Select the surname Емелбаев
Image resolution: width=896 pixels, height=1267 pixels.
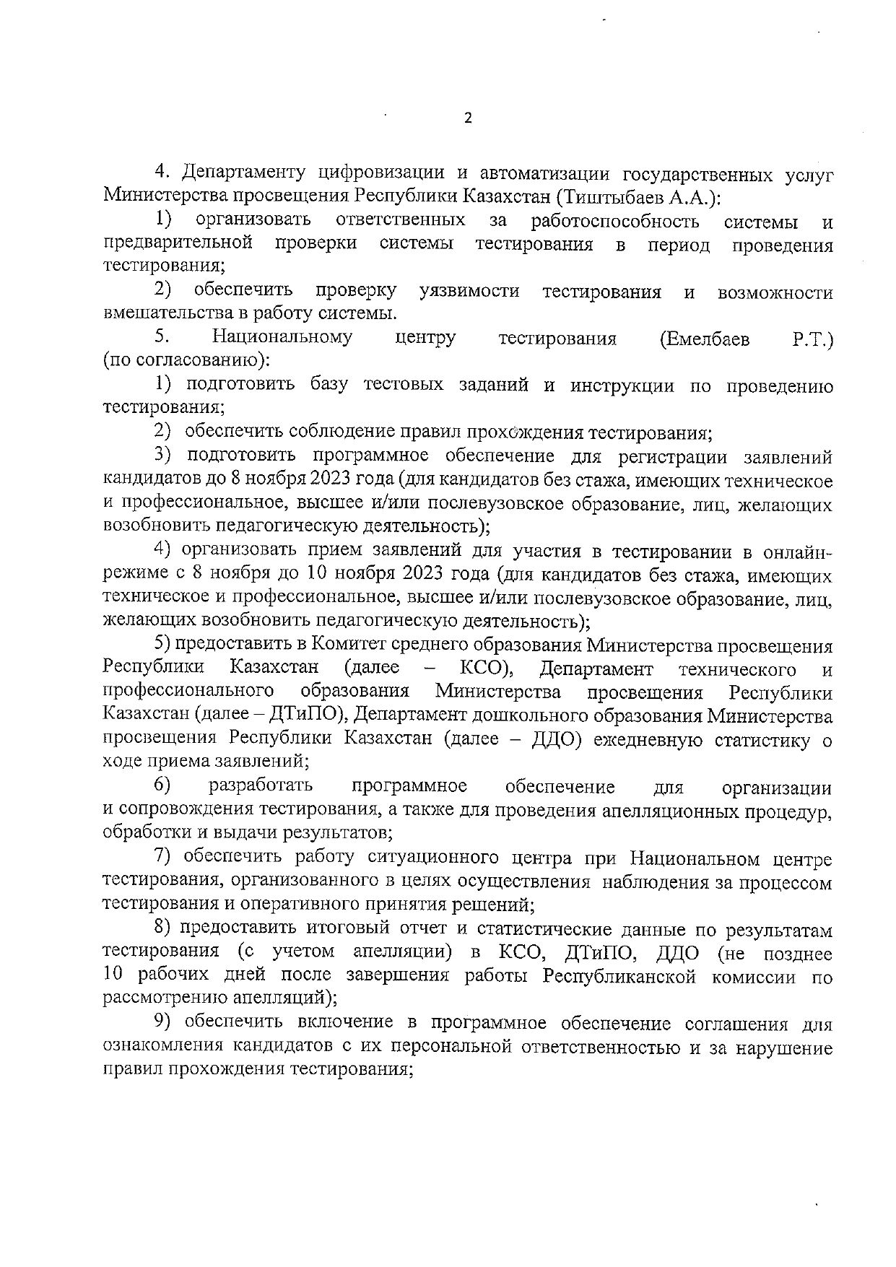coord(705,339)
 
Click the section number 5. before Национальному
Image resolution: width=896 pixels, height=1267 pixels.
coord(161,337)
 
